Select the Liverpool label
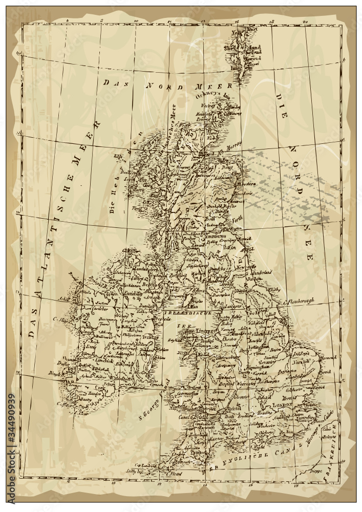205,331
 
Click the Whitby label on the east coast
275,289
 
